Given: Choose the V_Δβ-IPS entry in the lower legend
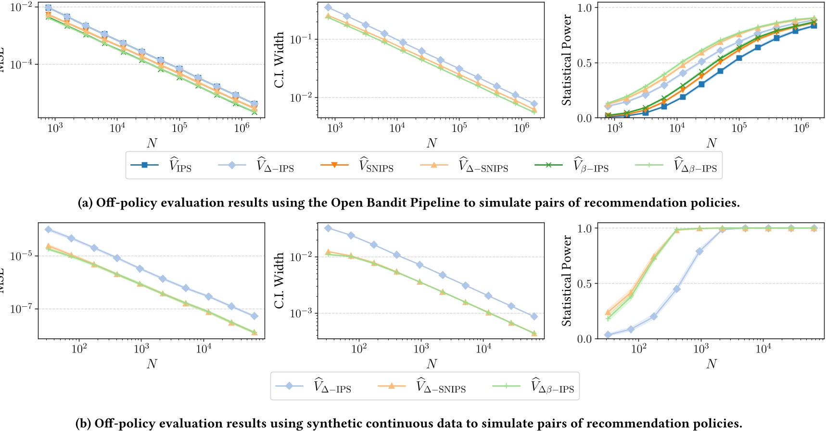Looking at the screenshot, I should click(534, 386).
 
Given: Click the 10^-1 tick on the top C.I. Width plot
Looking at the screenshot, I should click(302, 39).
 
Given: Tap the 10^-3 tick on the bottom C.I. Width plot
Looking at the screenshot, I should click(302, 313).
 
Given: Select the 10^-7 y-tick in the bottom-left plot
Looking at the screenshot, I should click(22, 309).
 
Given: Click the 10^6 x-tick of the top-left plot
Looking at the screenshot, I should click(241, 128).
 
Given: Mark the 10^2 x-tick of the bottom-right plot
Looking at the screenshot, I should click(638, 349).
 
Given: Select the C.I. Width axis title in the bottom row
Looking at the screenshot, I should click(279, 281).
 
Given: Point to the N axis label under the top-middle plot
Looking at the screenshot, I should click(432, 143).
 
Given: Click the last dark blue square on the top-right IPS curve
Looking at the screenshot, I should click(813, 26).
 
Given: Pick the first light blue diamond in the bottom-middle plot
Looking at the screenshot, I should click(328, 228).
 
